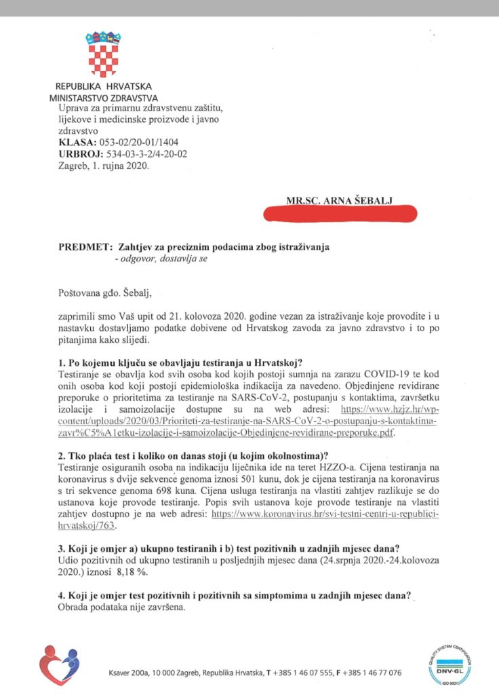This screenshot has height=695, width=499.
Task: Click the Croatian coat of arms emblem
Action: coord(102,54)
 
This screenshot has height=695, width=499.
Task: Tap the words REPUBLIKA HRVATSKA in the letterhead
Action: coord(104,87)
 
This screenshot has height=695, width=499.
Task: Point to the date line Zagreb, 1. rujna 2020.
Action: coord(104,166)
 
